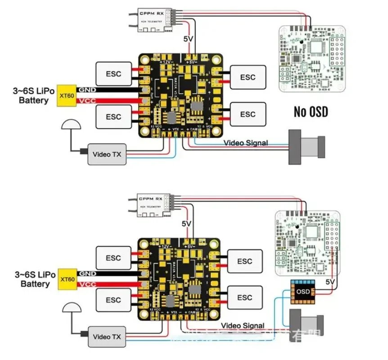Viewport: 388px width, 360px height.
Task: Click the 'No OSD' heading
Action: [x=311, y=112]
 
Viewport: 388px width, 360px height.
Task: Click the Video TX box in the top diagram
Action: [x=107, y=154]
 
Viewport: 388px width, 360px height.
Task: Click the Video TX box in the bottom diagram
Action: [x=107, y=337]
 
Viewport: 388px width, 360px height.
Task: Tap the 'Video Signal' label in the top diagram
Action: [x=246, y=143]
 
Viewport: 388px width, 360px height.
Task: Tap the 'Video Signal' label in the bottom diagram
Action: [x=242, y=325]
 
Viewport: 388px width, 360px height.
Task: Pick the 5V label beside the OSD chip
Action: [x=330, y=282]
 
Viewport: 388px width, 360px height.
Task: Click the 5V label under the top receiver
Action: [x=188, y=39]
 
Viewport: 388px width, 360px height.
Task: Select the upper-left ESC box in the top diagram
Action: [x=113, y=74]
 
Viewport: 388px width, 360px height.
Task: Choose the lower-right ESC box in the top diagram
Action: [x=248, y=114]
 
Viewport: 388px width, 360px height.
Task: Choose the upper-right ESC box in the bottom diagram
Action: [x=244, y=261]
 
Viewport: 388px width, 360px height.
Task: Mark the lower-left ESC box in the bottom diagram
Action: [x=113, y=300]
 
